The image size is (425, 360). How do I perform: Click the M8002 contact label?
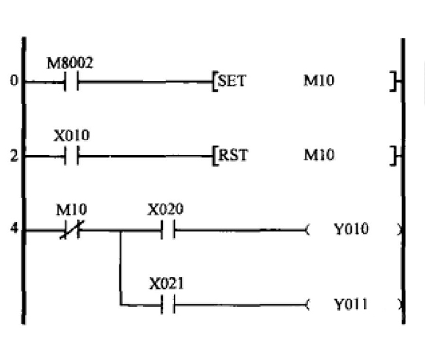click(x=69, y=64)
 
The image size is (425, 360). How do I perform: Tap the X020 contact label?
click(x=165, y=209)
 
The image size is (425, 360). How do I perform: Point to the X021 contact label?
click(x=166, y=284)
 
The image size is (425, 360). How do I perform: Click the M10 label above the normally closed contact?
click(x=71, y=210)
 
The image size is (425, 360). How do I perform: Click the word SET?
click(x=230, y=83)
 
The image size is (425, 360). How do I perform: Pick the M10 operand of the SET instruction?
click(x=319, y=83)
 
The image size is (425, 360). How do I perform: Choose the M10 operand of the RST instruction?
click(x=319, y=156)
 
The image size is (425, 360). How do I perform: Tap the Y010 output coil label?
click(x=351, y=230)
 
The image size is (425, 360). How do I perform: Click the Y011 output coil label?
click(x=351, y=304)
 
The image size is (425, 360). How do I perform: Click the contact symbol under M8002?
click(x=71, y=82)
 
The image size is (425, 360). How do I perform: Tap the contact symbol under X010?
click(x=71, y=156)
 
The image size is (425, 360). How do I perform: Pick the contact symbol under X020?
click(x=167, y=230)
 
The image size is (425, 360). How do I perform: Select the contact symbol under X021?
click(x=167, y=304)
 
